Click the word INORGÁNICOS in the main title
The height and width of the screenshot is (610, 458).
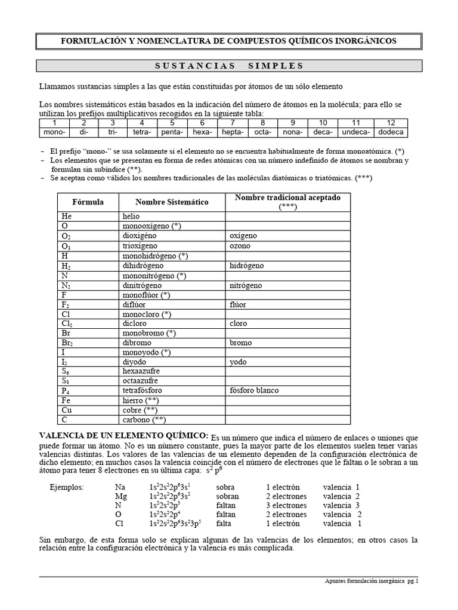point(361,41)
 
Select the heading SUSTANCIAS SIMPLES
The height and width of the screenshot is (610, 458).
point(228,66)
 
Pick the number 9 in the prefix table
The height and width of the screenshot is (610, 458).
point(293,123)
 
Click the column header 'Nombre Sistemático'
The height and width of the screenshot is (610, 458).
point(172,202)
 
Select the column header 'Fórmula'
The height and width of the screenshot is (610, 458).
point(88,202)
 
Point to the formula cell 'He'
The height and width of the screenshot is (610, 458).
point(66,216)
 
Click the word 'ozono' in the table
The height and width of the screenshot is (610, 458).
point(240,245)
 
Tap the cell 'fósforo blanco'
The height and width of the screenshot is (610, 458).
point(254,391)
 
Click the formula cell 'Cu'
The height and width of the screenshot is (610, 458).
point(67,410)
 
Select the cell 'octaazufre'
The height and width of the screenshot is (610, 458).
point(142,381)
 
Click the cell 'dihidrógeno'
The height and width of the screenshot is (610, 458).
point(143,265)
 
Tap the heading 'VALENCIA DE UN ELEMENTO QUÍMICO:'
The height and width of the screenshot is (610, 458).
point(124,436)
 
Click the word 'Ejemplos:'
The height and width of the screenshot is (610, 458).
point(67,487)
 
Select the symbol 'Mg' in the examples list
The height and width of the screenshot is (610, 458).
point(120,496)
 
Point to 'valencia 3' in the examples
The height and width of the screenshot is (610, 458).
point(341,505)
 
